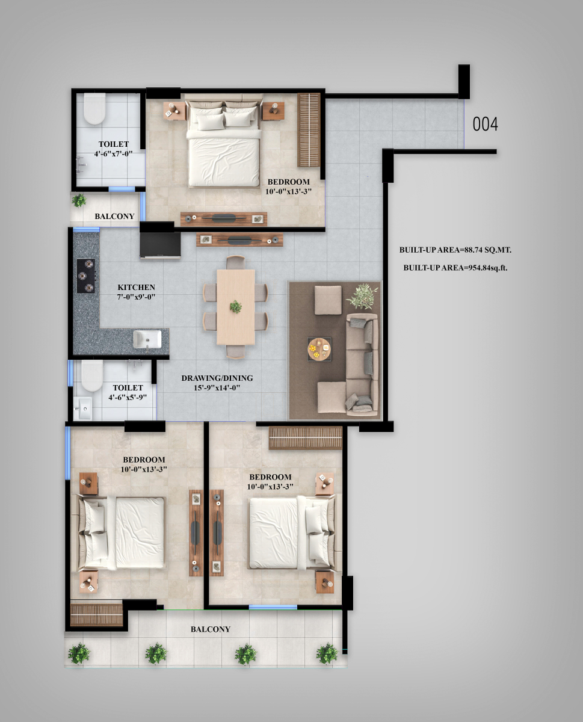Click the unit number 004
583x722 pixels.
pyautogui.click(x=485, y=124)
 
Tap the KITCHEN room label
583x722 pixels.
pyautogui.click(x=136, y=287)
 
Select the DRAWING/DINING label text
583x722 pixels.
pyautogui.click(x=217, y=378)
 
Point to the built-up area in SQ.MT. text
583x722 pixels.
pyautogui.click(x=455, y=250)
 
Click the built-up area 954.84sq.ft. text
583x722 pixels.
pyautogui.click(x=455, y=268)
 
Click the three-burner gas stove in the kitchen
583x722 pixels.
pyautogui.click(x=86, y=276)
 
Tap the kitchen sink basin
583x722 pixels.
pyautogui.click(x=147, y=339)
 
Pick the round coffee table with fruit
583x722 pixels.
pyautogui.click(x=319, y=348)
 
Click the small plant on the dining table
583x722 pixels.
pyautogui.click(x=236, y=307)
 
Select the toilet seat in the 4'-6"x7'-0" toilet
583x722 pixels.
pyautogui.click(x=94, y=109)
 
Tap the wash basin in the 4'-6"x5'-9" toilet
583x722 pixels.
pyautogui.click(x=82, y=408)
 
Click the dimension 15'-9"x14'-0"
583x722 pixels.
pyautogui.click(x=217, y=387)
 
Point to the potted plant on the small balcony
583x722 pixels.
pyautogui.click(x=79, y=200)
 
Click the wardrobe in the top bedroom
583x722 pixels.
pyautogui.click(x=309, y=130)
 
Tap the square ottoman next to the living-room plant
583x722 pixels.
pyautogui.click(x=328, y=300)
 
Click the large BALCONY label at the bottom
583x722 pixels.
pyautogui.click(x=211, y=629)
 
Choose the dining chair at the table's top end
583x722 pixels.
pyautogui.click(x=236, y=262)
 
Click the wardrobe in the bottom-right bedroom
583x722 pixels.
pyautogui.click(x=306, y=437)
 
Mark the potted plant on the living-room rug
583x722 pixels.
pyautogui.click(x=362, y=297)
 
